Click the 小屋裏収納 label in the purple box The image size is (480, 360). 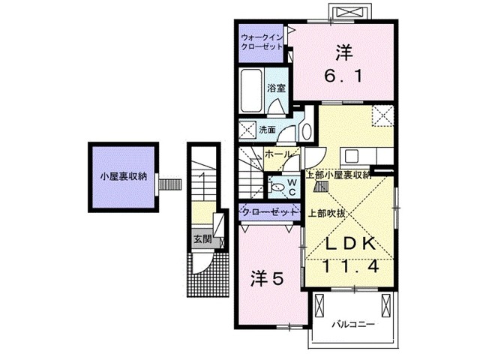click(x=124, y=178)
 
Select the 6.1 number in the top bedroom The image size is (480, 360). click(x=343, y=76)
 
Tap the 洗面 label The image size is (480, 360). click(x=267, y=130)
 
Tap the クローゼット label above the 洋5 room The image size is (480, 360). click(x=267, y=212)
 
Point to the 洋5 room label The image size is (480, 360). click(x=265, y=278)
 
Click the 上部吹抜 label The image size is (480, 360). click(x=326, y=212)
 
